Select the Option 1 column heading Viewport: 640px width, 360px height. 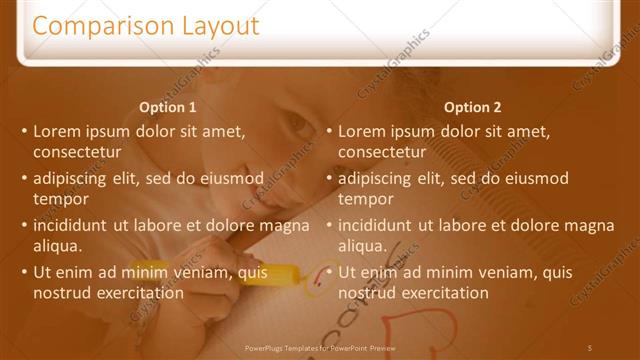[x=167, y=107]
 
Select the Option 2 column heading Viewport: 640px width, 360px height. [x=472, y=107]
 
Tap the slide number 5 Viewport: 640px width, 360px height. [x=590, y=347]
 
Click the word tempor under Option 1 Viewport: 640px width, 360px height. [x=61, y=199]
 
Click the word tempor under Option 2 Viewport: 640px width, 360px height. [x=366, y=199]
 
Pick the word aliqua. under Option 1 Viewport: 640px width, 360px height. [x=58, y=245]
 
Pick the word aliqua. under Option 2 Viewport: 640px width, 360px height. [x=363, y=245]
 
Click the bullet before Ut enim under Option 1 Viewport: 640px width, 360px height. [x=23, y=272]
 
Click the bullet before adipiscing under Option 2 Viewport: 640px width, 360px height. [x=328, y=179]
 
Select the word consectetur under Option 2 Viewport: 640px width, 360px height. [x=383, y=152]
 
